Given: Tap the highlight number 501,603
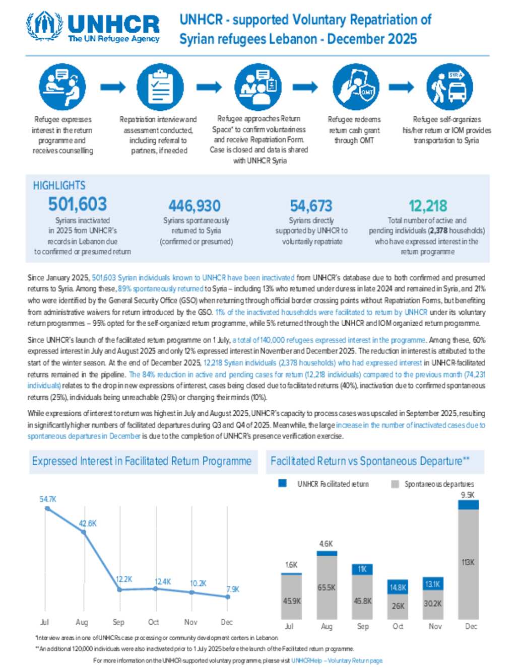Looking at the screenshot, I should tap(78, 204).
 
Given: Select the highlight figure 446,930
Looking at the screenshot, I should tap(195, 206).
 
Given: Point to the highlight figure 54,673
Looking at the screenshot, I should tap(311, 206).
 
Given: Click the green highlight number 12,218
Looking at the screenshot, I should tap(427, 206).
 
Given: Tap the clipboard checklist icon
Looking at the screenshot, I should tap(160, 87).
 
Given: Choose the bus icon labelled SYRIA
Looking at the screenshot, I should tap(449, 87).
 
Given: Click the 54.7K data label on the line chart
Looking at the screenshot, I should tap(48, 499).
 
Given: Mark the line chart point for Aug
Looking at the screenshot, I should tap(84, 532).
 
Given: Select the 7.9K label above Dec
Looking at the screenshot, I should tap(233, 589).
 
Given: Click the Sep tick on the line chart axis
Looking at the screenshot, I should tap(118, 622).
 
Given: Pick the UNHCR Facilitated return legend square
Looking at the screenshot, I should tap(283, 483).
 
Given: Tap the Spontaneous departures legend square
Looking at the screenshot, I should tap(395, 484).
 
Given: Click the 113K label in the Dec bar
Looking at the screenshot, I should tap(468, 562).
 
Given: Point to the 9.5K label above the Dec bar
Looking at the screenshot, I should tap(468, 495).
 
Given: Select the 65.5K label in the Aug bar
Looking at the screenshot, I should tap(327, 587).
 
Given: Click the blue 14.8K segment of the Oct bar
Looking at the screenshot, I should tap(398, 587).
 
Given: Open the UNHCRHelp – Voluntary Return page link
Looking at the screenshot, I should tap(337, 660).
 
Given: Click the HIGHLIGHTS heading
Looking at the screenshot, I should tap(59, 185).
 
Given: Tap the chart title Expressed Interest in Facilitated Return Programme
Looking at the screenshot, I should tap(142, 461).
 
